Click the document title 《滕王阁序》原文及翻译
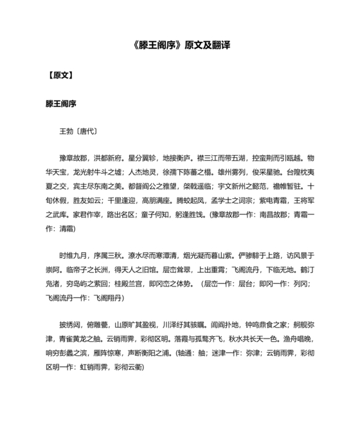tap(180, 47)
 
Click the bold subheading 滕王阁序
tap(60, 103)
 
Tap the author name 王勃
tap(66, 131)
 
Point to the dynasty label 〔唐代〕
tap(87, 131)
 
